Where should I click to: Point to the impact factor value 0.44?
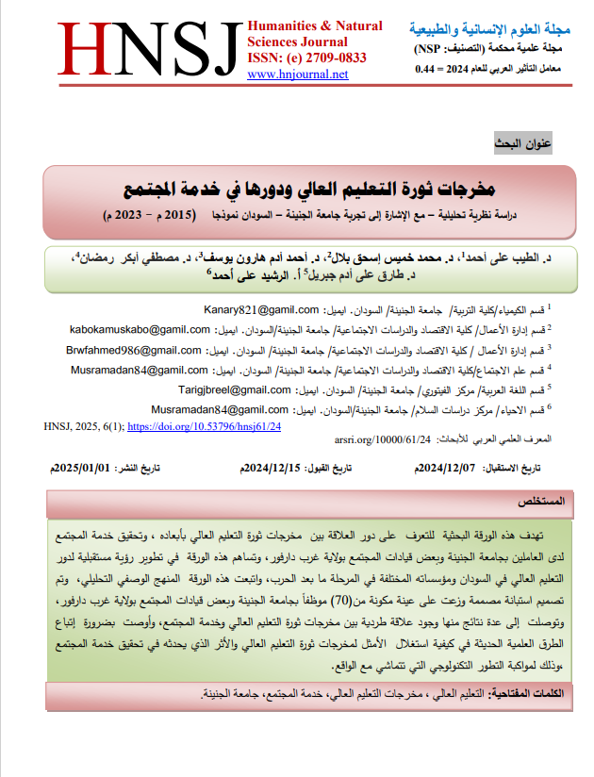tap(427, 69)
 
